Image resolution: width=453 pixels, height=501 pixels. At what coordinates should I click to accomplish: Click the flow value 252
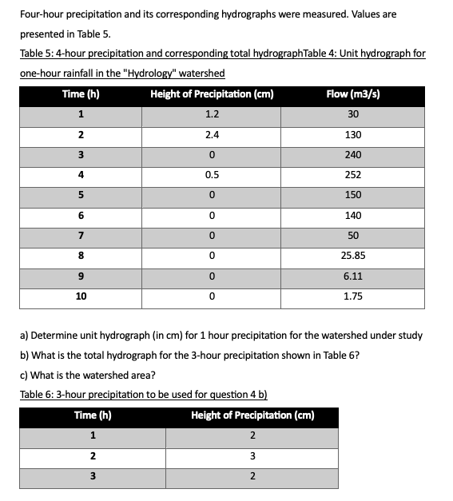click(352, 175)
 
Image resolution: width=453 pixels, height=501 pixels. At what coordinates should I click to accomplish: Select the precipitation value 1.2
click(212, 113)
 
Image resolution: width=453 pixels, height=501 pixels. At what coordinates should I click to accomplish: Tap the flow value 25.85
click(352, 256)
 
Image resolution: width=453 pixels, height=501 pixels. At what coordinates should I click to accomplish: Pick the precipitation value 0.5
click(212, 175)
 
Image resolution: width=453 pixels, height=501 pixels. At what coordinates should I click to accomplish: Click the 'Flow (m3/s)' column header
click(352, 93)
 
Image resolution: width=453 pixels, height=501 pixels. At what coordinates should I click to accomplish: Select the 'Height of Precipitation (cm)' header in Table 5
click(212, 93)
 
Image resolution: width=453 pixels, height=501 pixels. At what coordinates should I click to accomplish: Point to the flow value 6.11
click(352, 276)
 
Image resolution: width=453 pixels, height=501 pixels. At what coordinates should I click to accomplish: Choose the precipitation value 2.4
click(212, 134)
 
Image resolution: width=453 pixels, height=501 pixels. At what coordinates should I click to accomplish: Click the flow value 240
click(352, 154)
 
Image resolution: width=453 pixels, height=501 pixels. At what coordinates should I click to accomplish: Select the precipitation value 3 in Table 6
click(252, 456)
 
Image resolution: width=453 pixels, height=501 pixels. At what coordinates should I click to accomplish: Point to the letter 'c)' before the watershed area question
click(24, 375)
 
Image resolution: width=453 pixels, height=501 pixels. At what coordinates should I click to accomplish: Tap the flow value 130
click(352, 134)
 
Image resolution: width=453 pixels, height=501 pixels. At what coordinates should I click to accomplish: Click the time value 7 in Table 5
click(81, 236)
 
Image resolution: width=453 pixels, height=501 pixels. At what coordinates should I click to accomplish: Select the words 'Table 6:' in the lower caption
click(38, 395)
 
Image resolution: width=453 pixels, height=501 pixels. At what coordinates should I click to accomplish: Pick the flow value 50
click(352, 236)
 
